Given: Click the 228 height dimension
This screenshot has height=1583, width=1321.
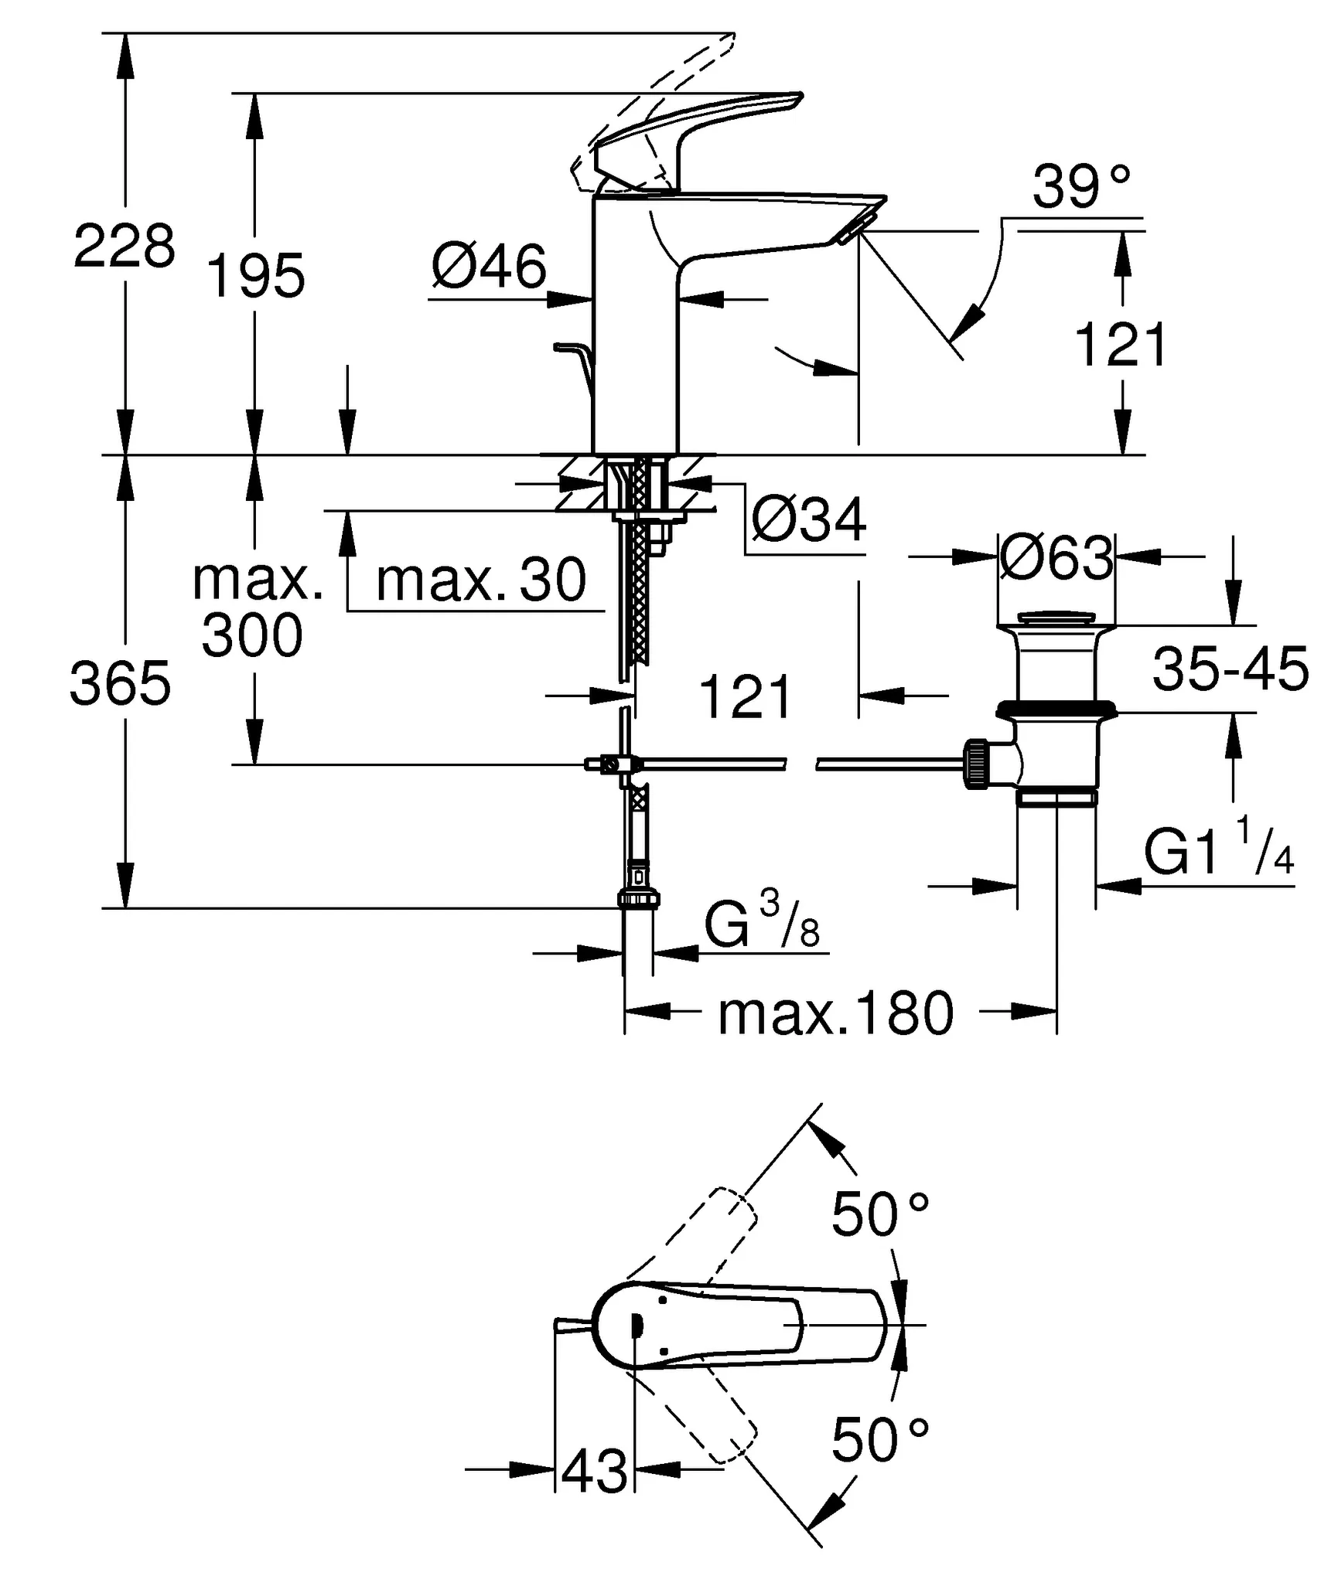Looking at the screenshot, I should pyautogui.click(x=124, y=247).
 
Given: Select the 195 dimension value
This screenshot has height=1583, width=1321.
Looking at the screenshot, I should pyautogui.click(x=255, y=276).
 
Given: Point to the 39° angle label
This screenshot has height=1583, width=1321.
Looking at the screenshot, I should pyautogui.click(x=1080, y=187).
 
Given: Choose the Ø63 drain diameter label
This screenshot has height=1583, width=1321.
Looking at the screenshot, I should pyautogui.click(x=1056, y=558).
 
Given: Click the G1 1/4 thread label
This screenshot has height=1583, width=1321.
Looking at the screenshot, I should pyautogui.click(x=1218, y=853).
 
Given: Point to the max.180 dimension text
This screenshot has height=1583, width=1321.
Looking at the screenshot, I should pyautogui.click(x=835, y=1014).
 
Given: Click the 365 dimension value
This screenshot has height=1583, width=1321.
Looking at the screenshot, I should pyautogui.click(x=120, y=683).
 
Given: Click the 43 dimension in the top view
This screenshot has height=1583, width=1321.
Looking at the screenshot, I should pyautogui.click(x=594, y=1472).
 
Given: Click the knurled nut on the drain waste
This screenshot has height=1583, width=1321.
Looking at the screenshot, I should pyautogui.click(x=976, y=764).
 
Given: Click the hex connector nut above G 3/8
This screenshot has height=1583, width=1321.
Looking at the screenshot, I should pyautogui.click(x=639, y=899).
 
